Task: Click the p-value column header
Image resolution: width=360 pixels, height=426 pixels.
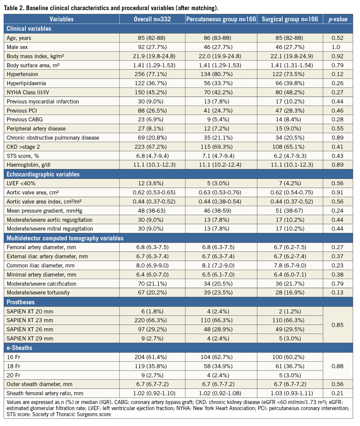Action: point(338,19)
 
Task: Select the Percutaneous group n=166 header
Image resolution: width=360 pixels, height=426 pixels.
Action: point(221,19)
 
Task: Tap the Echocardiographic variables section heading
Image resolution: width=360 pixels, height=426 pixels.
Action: point(43,174)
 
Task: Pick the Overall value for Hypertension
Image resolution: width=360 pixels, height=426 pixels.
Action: point(152,74)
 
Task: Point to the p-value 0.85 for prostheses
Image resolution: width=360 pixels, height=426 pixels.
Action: point(337,325)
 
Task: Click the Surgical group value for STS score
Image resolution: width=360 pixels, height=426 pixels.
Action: point(290,156)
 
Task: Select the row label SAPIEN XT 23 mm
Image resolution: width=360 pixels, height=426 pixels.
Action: point(30,320)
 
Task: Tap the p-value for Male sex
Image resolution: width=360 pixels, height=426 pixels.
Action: point(337,47)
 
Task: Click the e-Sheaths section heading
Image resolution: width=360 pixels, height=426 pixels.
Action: point(19,348)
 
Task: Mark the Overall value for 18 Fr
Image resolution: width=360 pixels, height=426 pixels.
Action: point(152,366)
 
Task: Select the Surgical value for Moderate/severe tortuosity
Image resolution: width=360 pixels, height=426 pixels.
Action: point(290,292)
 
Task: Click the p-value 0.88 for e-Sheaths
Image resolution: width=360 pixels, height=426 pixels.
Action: point(337,366)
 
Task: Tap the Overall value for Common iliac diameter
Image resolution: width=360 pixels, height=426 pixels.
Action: point(152,265)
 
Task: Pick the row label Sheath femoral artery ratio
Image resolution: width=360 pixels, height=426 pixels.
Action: point(45,393)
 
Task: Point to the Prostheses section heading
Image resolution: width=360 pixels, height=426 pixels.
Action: point(21,302)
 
